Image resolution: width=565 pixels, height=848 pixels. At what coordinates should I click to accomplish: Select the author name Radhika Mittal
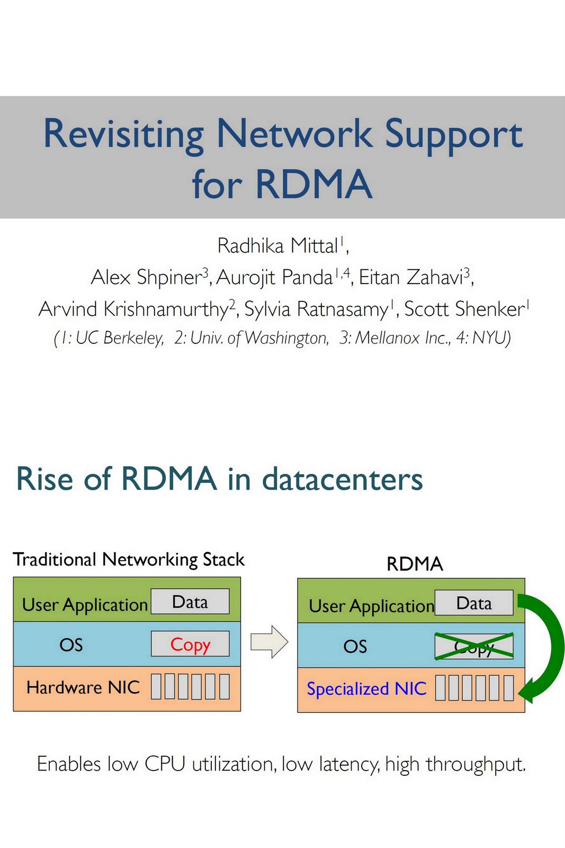[277, 246]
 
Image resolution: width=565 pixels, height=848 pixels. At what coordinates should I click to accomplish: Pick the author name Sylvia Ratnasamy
[316, 310]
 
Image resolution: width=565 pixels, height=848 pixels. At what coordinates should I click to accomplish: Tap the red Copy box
[190, 644]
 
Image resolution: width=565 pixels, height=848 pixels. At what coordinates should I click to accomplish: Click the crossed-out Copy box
[474, 646]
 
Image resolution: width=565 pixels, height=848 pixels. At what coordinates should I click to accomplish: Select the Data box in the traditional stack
[190, 602]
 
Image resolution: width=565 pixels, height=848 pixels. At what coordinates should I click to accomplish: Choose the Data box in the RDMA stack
[474, 603]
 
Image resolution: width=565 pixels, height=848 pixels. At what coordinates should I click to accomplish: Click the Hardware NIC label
[83, 687]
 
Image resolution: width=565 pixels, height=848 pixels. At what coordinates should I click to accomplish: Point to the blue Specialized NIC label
[366, 689]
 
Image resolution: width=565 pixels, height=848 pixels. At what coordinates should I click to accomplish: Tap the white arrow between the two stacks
[269, 642]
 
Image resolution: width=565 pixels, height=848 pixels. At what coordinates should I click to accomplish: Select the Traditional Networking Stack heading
[129, 560]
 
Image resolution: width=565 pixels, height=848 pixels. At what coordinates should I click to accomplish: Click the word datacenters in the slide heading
[343, 479]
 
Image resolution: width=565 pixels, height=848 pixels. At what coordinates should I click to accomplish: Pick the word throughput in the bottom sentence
[476, 764]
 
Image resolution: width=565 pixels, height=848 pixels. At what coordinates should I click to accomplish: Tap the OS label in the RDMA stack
[355, 647]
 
